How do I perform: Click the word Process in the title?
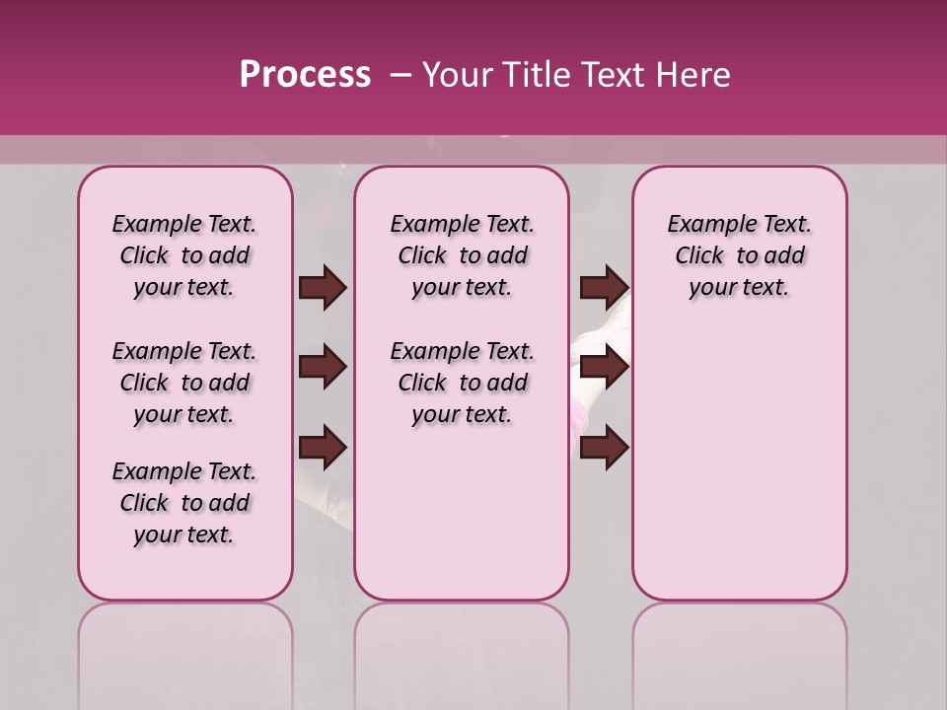(305, 75)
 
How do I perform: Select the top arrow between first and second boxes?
(323, 288)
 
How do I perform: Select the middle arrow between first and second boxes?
(323, 368)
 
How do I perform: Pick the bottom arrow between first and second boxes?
(323, 449)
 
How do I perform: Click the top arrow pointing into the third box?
(604, 288)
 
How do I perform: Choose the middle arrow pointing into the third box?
(604, 368)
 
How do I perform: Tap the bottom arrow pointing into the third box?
(604, 449)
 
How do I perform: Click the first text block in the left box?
(184, 255)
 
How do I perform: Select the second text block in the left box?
(184, 383)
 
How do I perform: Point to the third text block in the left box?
(184, 503)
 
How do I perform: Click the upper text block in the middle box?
(463, 255)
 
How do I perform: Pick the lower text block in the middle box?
(463, 383)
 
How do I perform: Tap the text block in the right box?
(740, 255)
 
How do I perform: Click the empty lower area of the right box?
(740, 463)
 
